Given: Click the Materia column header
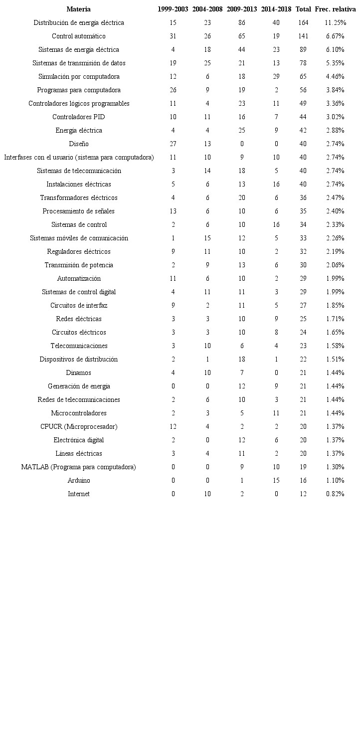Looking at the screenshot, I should point(79,9).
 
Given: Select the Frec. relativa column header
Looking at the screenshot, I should point(335,9).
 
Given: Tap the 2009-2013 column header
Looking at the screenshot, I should point(242,9).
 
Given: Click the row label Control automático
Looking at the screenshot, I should point(79,36).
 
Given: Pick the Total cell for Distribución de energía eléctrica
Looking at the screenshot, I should point(303,23).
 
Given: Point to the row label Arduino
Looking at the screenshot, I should point(79,481).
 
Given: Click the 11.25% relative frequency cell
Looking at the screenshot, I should point(335,23).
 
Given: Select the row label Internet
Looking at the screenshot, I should point(79,494).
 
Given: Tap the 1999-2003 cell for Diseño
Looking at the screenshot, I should point(173,144).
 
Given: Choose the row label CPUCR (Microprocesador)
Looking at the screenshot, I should point(79,427).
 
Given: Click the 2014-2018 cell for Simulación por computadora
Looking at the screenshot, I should point(276,77).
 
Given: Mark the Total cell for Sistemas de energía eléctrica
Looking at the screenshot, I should point(303,50).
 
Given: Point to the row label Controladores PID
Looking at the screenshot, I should point(79,117).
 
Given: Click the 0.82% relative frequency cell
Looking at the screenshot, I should point(335,494).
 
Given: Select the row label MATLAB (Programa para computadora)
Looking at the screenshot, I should point(79,467).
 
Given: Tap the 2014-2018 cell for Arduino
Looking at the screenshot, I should point(276,481).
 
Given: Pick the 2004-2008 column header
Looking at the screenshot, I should point(207,9).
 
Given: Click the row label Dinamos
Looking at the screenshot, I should point(79,373).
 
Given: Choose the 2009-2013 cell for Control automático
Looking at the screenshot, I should point(242,36).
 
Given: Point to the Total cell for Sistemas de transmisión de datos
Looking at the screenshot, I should point(303,63).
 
